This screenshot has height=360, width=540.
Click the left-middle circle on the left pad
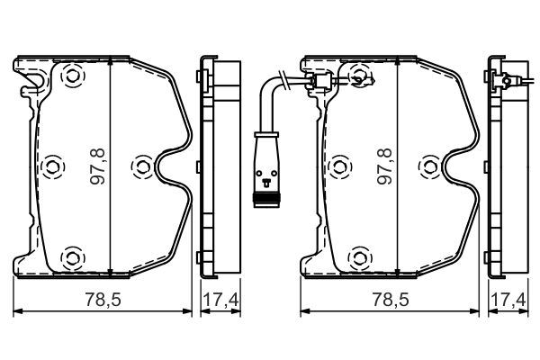51,166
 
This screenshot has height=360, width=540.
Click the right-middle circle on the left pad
140,166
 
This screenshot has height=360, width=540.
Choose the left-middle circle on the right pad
338,166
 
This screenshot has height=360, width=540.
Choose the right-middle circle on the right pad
428,166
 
